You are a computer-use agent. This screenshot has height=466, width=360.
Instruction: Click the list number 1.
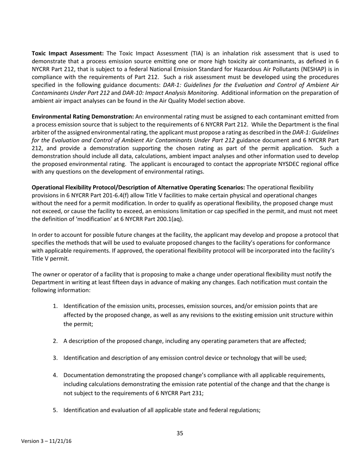(x=55, y=306)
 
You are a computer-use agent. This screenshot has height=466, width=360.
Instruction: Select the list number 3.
(x=55, y=358)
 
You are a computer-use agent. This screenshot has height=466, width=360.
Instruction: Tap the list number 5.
(x=55, y=410)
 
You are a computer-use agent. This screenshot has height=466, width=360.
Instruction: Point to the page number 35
(x=180, y=433)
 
